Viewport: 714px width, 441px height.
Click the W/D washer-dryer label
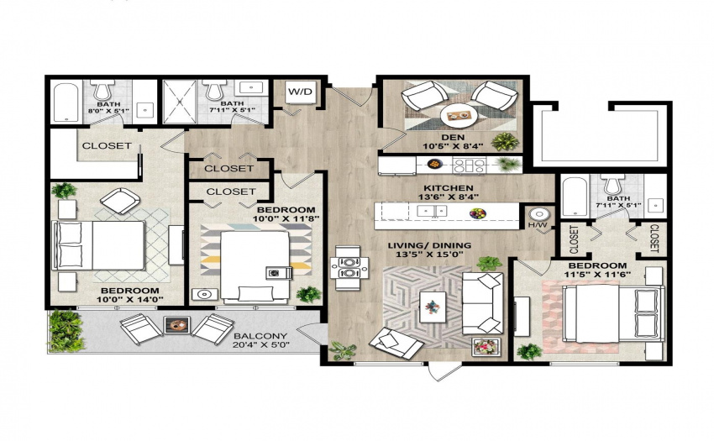click(301, 92)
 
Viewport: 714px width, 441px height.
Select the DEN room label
click(453, 137)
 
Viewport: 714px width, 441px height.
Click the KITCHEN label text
click(448, 187)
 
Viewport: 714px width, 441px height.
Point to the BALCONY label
click(260, 336)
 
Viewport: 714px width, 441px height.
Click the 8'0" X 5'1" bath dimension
click(108, 111)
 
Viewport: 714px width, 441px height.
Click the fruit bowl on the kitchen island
click(477, 213)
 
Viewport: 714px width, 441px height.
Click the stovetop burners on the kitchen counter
click(469, 165)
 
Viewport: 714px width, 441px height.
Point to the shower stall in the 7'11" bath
click(180, 102)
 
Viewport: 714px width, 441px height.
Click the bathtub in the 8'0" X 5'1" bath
click(66, 102)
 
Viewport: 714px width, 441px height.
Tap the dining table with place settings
click(349, 267)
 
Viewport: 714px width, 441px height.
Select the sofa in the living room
click(482, 303)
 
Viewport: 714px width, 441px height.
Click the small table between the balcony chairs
click(176, 325)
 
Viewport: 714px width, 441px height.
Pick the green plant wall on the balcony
click(66, 331)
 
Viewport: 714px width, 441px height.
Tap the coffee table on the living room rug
click(433, 307)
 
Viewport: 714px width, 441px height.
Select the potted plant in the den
click(505, 142)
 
